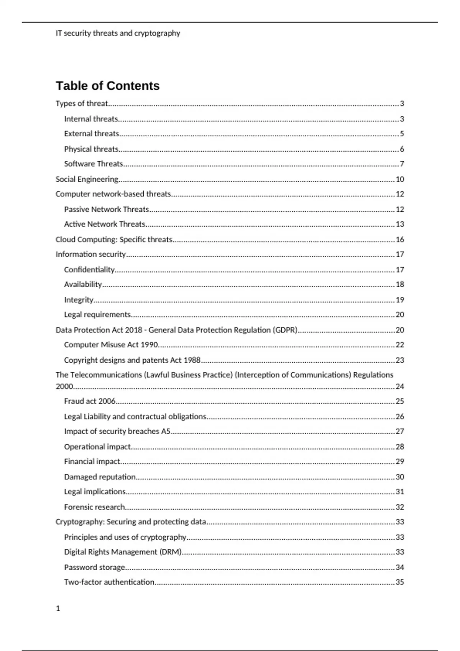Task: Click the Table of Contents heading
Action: point(107,86)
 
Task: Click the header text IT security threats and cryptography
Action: point(118,33)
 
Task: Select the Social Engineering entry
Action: point(87,179)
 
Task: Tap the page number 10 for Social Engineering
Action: point(400,179)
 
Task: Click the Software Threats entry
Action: point(94,164)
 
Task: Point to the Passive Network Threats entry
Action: point(107,209)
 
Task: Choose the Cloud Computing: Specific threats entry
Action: point(114,240)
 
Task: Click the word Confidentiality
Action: point(89,270)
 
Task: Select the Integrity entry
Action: point(79,300)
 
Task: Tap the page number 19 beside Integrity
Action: point(400,300)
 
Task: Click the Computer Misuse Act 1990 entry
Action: point(111,345)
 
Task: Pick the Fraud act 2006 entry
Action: point(90,401)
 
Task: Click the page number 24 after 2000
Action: point(400,386)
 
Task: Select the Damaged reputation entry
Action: point(100,477)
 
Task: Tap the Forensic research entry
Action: point(94,507)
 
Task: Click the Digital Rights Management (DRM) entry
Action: point(123,552)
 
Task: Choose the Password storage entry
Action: point(94,567)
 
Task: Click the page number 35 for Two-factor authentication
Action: point(400,582)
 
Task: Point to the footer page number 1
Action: point(58,608)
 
